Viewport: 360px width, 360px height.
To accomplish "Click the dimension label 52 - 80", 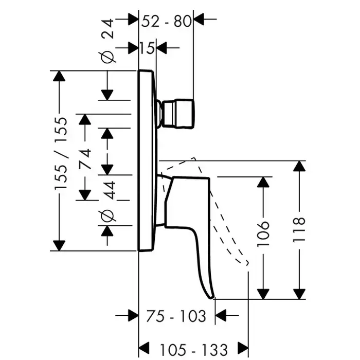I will (166, 20).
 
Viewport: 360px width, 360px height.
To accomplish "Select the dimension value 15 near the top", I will (147, 48).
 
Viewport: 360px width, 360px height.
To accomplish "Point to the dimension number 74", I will (85, 157).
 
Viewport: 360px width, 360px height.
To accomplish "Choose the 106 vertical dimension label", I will (263, 234).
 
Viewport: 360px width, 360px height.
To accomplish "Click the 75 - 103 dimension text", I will (176, 316).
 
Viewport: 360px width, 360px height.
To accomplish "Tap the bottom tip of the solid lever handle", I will (211, 296).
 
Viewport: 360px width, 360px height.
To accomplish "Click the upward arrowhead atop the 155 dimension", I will (60, 76).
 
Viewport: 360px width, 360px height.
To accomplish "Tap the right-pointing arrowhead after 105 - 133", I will (242, 349).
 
